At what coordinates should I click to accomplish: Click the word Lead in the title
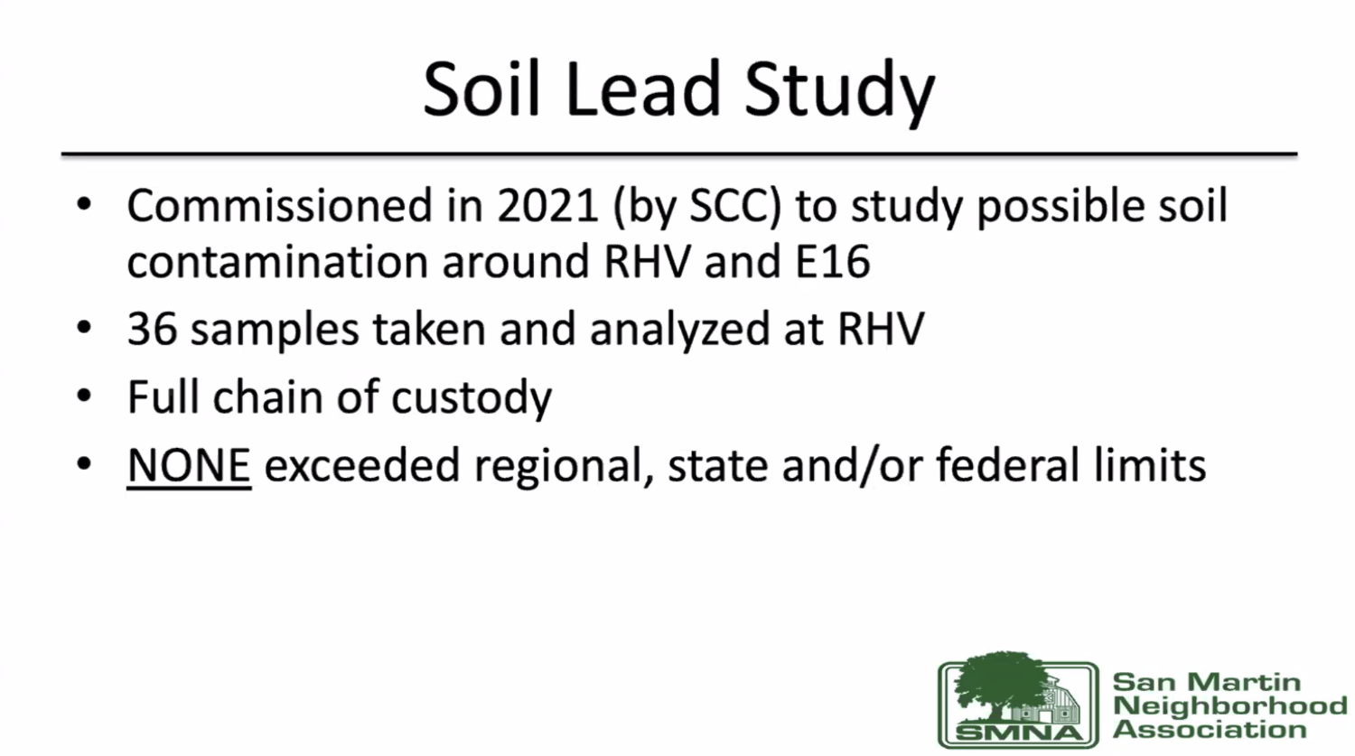[x=643, y=89]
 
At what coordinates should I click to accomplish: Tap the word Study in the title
[x=839, y=94]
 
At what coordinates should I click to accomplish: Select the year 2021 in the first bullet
[x=548, y=206]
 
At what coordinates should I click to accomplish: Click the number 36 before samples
[x=152, y=329]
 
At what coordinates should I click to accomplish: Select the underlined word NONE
[x=189, y=465]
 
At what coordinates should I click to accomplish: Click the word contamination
[x=277, y=261]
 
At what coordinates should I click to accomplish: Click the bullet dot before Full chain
[x=84, y=397]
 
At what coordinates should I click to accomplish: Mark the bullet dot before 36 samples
[x=84, y=329]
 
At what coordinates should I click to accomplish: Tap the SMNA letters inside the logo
[x=1019, y=733]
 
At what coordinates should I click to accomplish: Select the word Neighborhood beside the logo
[x=1229, y=705]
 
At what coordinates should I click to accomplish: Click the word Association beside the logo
[x=1210, y=730]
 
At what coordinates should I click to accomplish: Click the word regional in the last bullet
[x=564, y=467]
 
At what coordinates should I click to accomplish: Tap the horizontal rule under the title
[x=679, y=154]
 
